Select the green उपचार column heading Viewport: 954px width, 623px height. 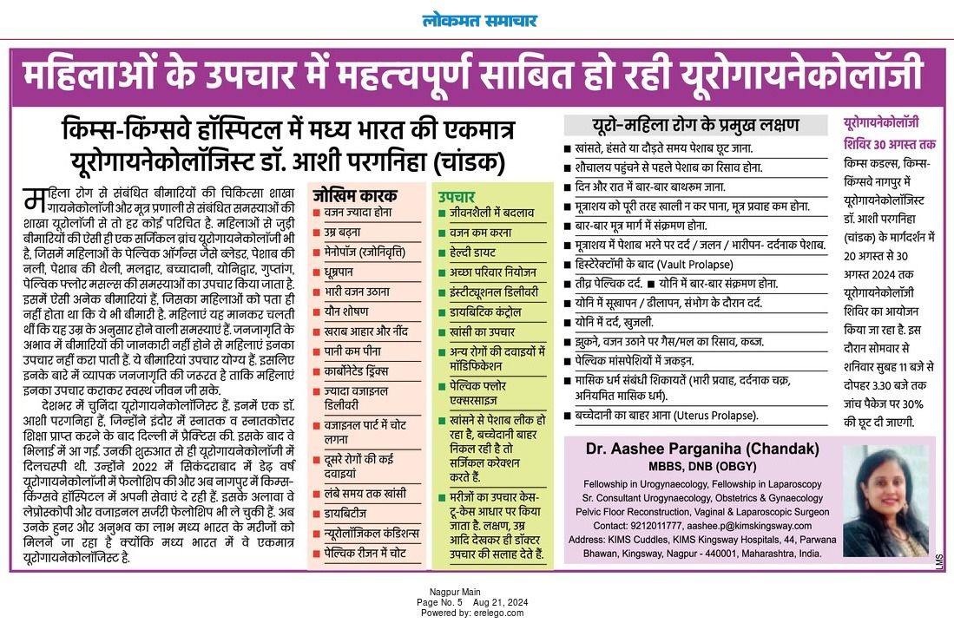(457, 197)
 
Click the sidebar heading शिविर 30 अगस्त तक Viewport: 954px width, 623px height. (890, 142)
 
